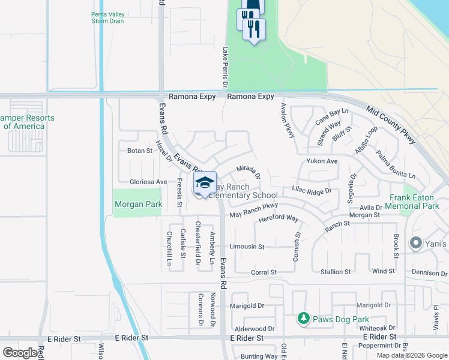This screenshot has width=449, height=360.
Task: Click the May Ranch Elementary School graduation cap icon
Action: pyautogui.click(x=205, y=182)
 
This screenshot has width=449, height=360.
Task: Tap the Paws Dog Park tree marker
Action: pyautogui.click(x=304, y=318)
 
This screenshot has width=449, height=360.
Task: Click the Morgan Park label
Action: pyautogui.click(x=138, y=205)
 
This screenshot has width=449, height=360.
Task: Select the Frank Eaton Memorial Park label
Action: pyautogui.click(x=414, y=201)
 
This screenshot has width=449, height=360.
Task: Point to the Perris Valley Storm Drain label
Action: pyautogui.click(x=107, y=17)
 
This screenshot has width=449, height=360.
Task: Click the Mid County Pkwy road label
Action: pyautogui.click(x=391, y=125)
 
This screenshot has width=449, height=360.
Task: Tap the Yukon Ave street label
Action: pyautogui.click(x=322, y=161)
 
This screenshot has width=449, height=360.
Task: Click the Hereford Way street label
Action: pyautogui.click(x=279, y=219)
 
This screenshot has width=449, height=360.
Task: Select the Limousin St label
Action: pyautogui.click(x=251, y=247)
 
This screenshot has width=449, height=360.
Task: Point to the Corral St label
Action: pyautogui.click(x=264, y=272)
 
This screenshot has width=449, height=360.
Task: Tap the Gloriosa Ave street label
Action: pyautogui.click(x=148, y=182)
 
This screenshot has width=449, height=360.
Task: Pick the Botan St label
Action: pyautogui.click(x=140, y=151)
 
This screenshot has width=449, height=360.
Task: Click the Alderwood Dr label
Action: pyautogui.click(x=255, y=329)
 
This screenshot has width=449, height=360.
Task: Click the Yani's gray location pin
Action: pyautogui.click(x=415, y=244)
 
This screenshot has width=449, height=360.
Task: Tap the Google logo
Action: pyautogui.click(x=20, y=353)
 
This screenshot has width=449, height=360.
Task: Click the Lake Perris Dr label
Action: pyautogui.click(x=226, y=67)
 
